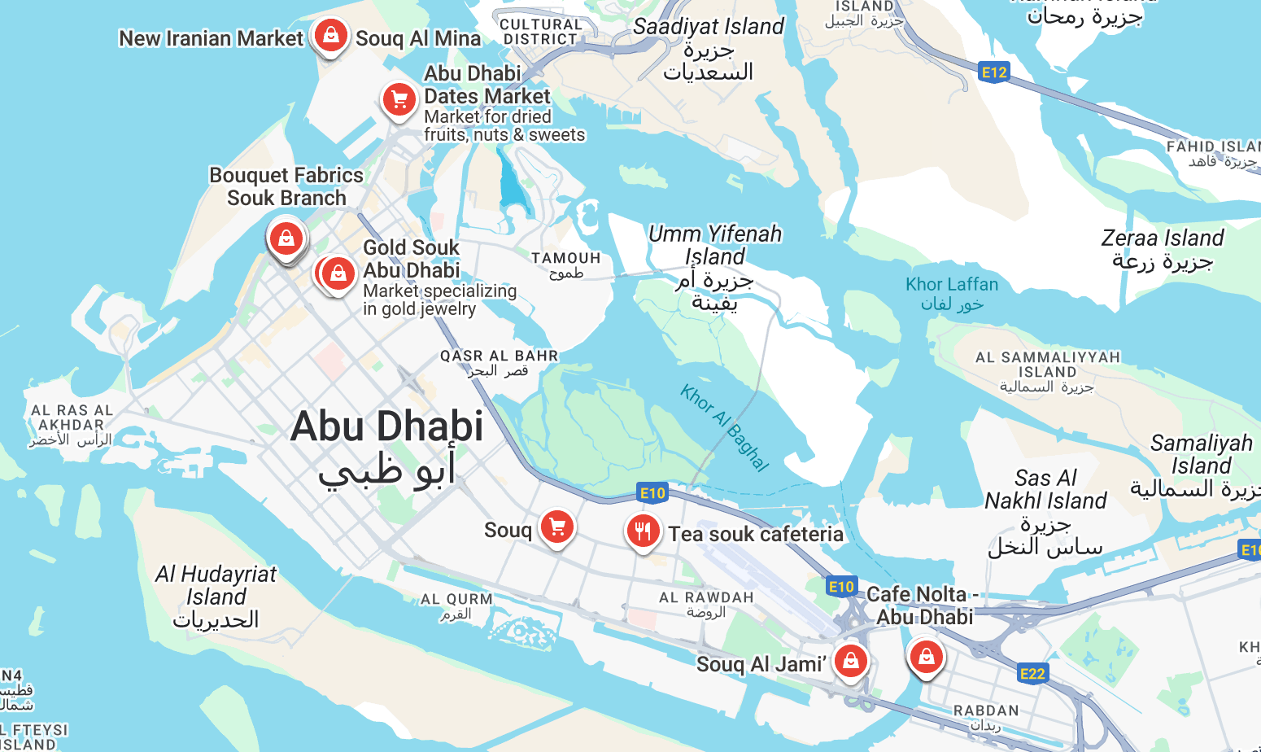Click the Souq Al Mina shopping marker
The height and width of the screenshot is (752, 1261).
click(330, 35)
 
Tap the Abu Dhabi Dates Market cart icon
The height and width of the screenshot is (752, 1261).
click(399, 99)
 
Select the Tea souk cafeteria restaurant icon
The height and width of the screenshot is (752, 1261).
click(643, 531)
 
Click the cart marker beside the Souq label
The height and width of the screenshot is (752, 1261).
click(557, 527)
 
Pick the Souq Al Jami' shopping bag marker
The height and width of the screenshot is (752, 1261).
click(850, 661)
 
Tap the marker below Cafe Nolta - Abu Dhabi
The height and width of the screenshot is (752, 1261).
click(926, 656)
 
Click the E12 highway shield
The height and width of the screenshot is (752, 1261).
click(994, 72)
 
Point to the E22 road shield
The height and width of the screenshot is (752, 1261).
click(1032, 673)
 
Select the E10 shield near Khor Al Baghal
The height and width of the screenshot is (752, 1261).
click(652, 492)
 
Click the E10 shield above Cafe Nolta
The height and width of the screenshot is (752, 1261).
click(841, 586)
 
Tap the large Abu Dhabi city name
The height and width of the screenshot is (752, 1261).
click(386, 426)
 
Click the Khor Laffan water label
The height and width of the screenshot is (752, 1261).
click(952, 285)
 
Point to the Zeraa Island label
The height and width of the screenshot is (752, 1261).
click(1162, 238)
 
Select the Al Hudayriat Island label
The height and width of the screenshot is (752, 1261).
click(216, 586)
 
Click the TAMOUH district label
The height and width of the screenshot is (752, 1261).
click(565, 258)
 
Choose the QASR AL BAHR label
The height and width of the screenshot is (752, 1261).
click(499, 356)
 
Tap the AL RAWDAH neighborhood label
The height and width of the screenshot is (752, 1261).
click(705, 597)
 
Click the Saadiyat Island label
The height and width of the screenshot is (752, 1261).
click(708, 27)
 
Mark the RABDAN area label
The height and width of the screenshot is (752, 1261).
click(986, 710)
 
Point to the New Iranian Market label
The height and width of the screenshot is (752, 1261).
click(211, 38)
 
